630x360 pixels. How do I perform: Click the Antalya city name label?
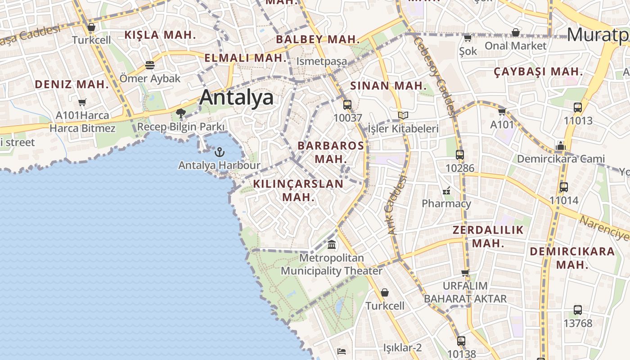tap(236, 97)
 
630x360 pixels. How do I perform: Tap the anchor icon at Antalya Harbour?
tap(220, 152)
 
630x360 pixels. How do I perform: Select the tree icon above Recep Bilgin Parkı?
tap(181, 113)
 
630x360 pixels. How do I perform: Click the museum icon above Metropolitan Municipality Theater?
tap(332, 245)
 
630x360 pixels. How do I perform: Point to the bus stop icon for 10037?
tap(347, 105)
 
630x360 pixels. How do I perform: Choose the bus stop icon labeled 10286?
tap(459, 155)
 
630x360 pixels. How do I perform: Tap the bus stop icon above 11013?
tap(578, 108)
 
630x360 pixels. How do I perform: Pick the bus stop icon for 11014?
tap(564, 187)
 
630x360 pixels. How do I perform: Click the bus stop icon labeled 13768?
tap(578, 310)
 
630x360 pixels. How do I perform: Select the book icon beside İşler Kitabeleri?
tap(403, 116)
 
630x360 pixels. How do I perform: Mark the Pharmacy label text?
tap(446, 203)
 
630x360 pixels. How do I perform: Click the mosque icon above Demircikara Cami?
tap(560, 146)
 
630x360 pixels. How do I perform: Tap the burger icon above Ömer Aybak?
tap(150, 65)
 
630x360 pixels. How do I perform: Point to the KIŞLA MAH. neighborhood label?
tap(160, 35)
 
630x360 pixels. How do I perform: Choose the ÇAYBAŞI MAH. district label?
tap(538, 72)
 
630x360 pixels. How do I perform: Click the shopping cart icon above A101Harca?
tap(82, 103)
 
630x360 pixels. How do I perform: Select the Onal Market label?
tap(515, 45)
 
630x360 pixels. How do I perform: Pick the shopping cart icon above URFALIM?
tap(465, 273)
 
